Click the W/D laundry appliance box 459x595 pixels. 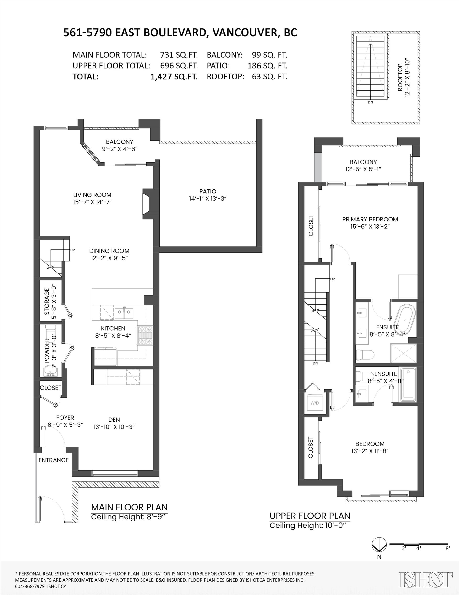(315, 403)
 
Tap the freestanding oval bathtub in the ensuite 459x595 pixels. (405, 319)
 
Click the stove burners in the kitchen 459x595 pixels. (145, 335)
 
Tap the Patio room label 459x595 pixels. (208, 191)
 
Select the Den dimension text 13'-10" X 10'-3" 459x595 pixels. (114, 427)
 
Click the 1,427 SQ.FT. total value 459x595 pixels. (174, 77)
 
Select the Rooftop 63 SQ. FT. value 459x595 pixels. (269, 77)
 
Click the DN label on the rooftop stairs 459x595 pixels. (370, 102)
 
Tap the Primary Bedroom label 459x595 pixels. (370, 219)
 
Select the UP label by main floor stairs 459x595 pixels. (72, 250)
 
